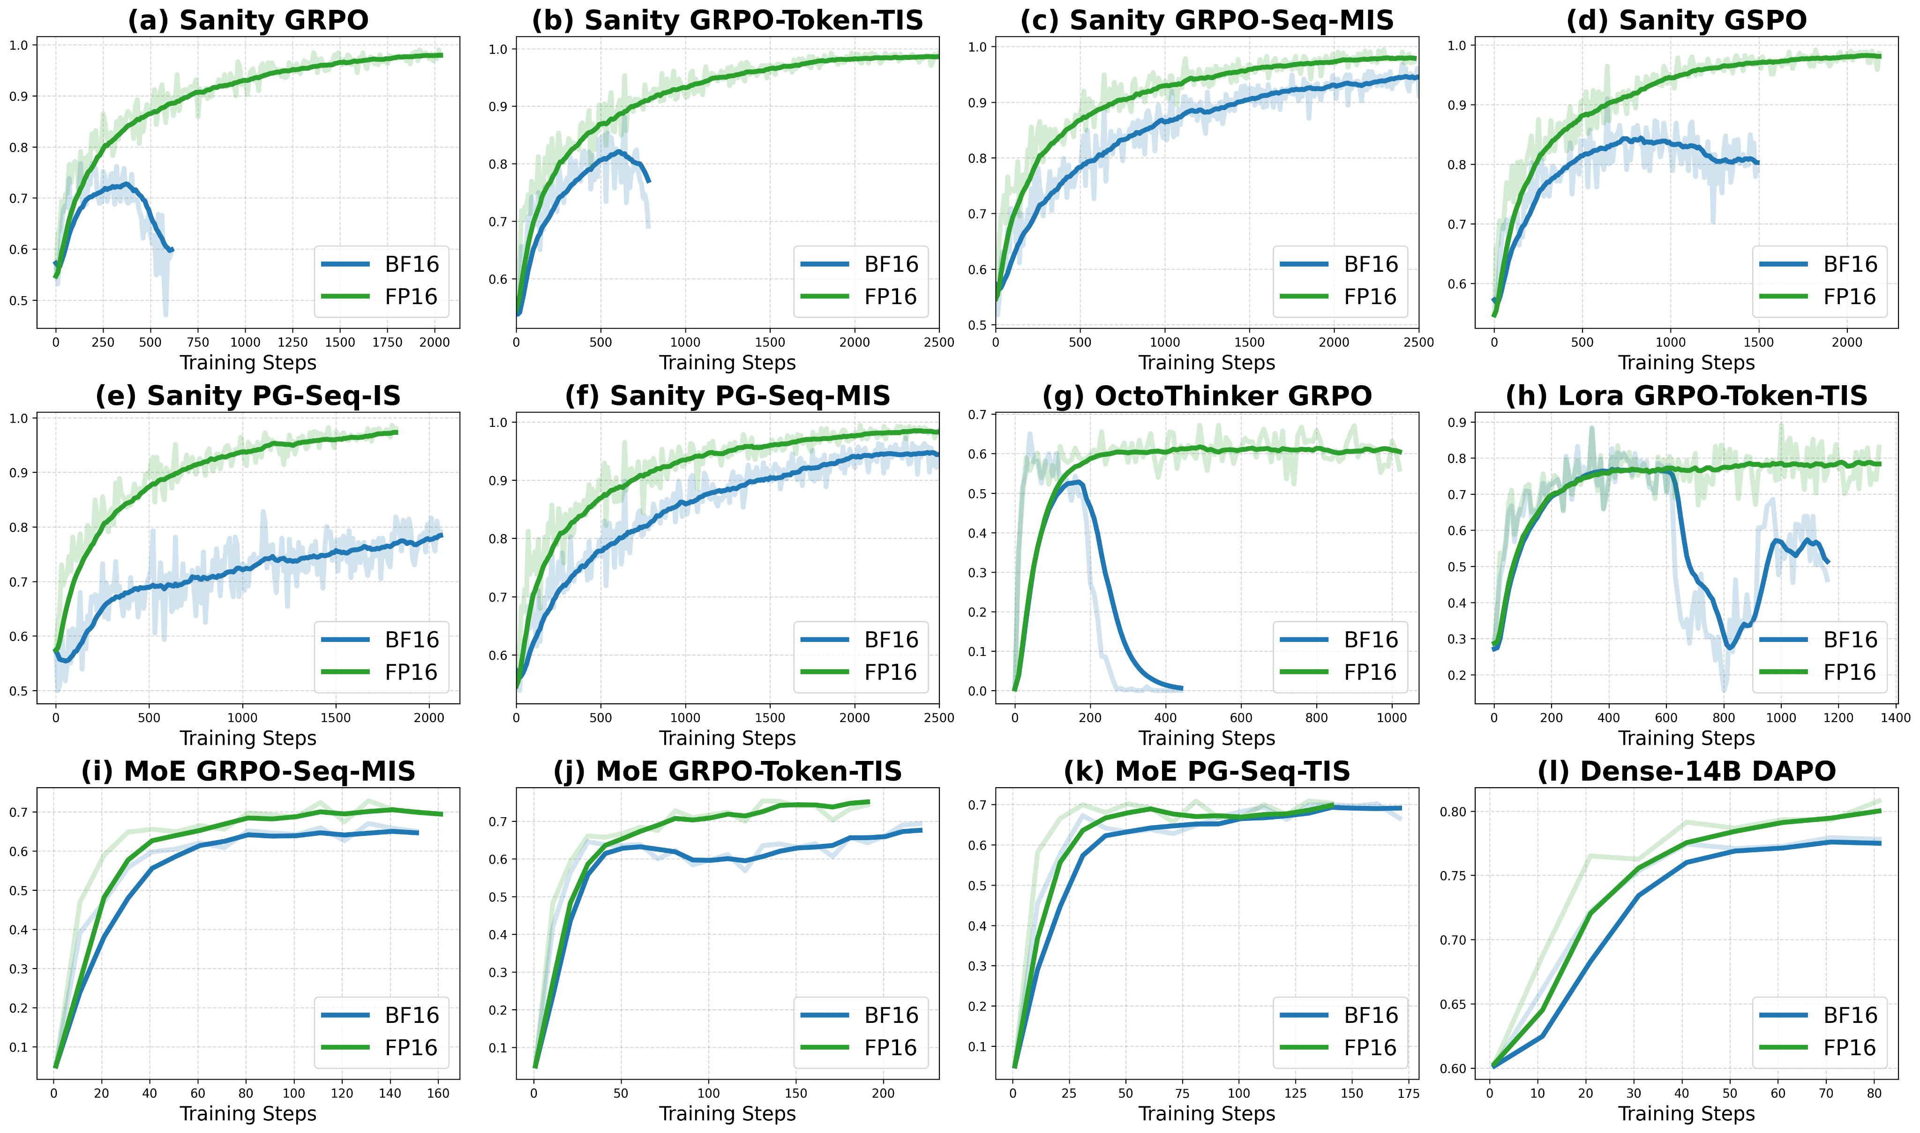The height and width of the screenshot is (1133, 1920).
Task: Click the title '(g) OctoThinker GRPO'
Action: pos(1207,395)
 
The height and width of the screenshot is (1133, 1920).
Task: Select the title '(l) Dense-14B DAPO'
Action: pos(1686,771)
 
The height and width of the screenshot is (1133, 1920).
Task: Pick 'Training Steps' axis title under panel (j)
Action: pos(727,1114)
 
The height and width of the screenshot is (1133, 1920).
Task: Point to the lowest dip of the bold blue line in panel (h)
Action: pos(1730,648)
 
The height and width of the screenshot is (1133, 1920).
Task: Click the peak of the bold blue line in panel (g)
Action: pos(1077,483)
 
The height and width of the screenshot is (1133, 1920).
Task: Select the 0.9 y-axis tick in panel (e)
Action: pos(19,473)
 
